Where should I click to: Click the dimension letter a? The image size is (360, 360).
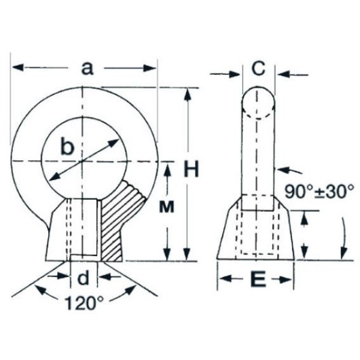[x=88, y=68]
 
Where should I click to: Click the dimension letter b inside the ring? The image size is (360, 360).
[x=67, y=145]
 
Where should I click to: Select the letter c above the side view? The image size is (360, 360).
[x=259, y=68]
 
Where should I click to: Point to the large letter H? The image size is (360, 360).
[x=191, y=169]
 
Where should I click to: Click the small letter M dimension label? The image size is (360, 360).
[x=166, y=207]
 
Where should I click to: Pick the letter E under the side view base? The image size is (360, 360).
[x=258, y=278]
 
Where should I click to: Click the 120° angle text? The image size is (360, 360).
[x=84, y=303]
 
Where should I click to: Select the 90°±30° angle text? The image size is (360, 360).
[x=319, y=192]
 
